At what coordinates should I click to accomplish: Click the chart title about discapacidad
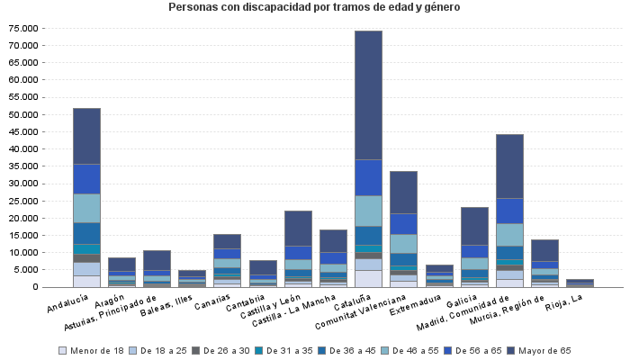pos(314,8)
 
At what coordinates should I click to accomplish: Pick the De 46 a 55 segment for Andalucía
pos(86,208)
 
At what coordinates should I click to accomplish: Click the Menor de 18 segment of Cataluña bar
pos(368,278)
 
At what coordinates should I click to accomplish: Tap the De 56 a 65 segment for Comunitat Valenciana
pos(403,223)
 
